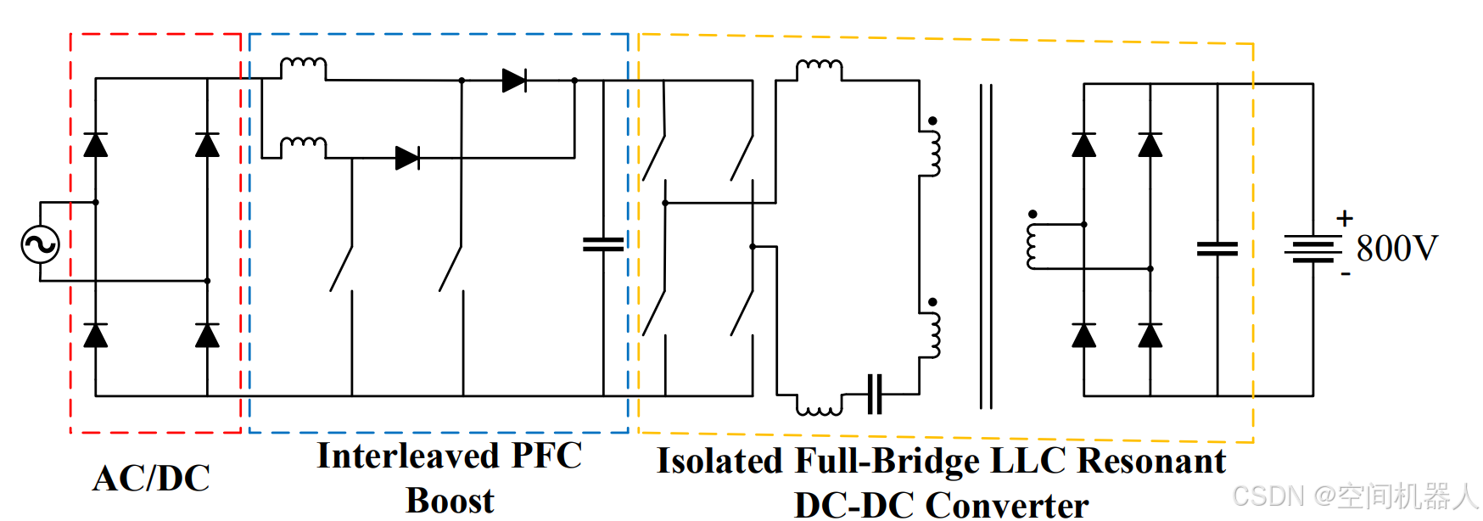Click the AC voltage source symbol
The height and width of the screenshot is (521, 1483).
pyautogui.click(x=40, y=244)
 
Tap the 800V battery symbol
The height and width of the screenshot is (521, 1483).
pyautogui.click(x=1312, y=249)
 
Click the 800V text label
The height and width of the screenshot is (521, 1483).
pyautogui.click(x=1396, y=249)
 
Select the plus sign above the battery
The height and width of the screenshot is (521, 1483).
pyautogui.click(x=1344, y=218)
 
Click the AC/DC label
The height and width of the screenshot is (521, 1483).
pyautogui.click(x=151, y=479)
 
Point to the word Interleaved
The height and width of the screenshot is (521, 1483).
pyautogui.click(x=407, y=456)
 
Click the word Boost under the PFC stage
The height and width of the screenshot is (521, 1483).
pyautogui.click(x=450, y=501)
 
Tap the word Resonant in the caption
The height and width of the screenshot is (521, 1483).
pyautogui.click(x=1151, y=461)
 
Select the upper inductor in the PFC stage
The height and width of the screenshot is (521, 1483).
pyautogui.click(x=303, y=65)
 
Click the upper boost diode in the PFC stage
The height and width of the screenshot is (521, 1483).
pyautogui.click(x=514, y=81)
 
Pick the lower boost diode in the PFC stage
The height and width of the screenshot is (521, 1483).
pyautogui.click(x=407, y=158)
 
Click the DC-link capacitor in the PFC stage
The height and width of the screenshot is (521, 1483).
pyautogui.click(x=603, y=244)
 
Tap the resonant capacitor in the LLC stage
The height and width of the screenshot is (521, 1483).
pyautogui.click(x=875, y=395)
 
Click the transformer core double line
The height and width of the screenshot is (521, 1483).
pyautogui.click(x=985, y=246)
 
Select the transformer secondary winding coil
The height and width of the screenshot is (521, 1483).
pyautogui.click(x=1033, y=246)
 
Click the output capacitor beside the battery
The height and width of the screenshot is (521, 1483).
pyautogui.click(x=1217, y=249)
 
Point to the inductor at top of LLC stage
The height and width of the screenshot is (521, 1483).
pyautogui.click(x=819, y=67)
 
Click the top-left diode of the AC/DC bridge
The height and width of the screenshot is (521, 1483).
pyautogui.click(x=96, y=145)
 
